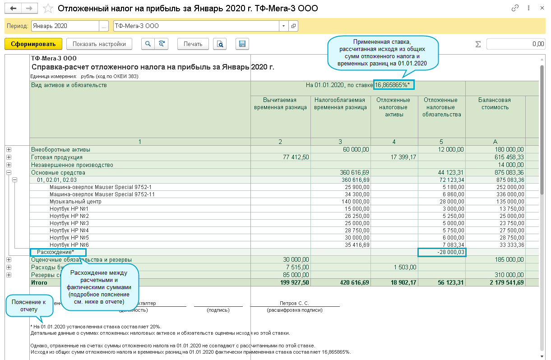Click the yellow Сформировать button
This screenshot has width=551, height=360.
point(33,44)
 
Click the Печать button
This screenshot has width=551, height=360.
point(193,44)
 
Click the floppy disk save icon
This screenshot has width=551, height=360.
point(242,44)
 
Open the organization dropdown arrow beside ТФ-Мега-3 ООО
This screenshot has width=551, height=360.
point(283,26)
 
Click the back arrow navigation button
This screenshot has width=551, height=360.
point(14,9)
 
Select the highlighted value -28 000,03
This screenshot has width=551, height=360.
point(442,252)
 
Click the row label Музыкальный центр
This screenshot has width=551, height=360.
point(75,202)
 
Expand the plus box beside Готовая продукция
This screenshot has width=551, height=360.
point(9,157)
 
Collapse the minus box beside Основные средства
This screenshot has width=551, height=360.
point(9,172)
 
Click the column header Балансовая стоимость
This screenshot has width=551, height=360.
point(495,104)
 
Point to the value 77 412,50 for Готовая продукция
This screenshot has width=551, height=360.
point(293,157)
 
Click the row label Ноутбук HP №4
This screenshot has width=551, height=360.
point(69,231)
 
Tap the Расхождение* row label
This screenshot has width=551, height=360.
point(56,252)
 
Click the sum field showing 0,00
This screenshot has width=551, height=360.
point(515,44)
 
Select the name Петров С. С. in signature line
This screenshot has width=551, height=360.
point(294,303)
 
